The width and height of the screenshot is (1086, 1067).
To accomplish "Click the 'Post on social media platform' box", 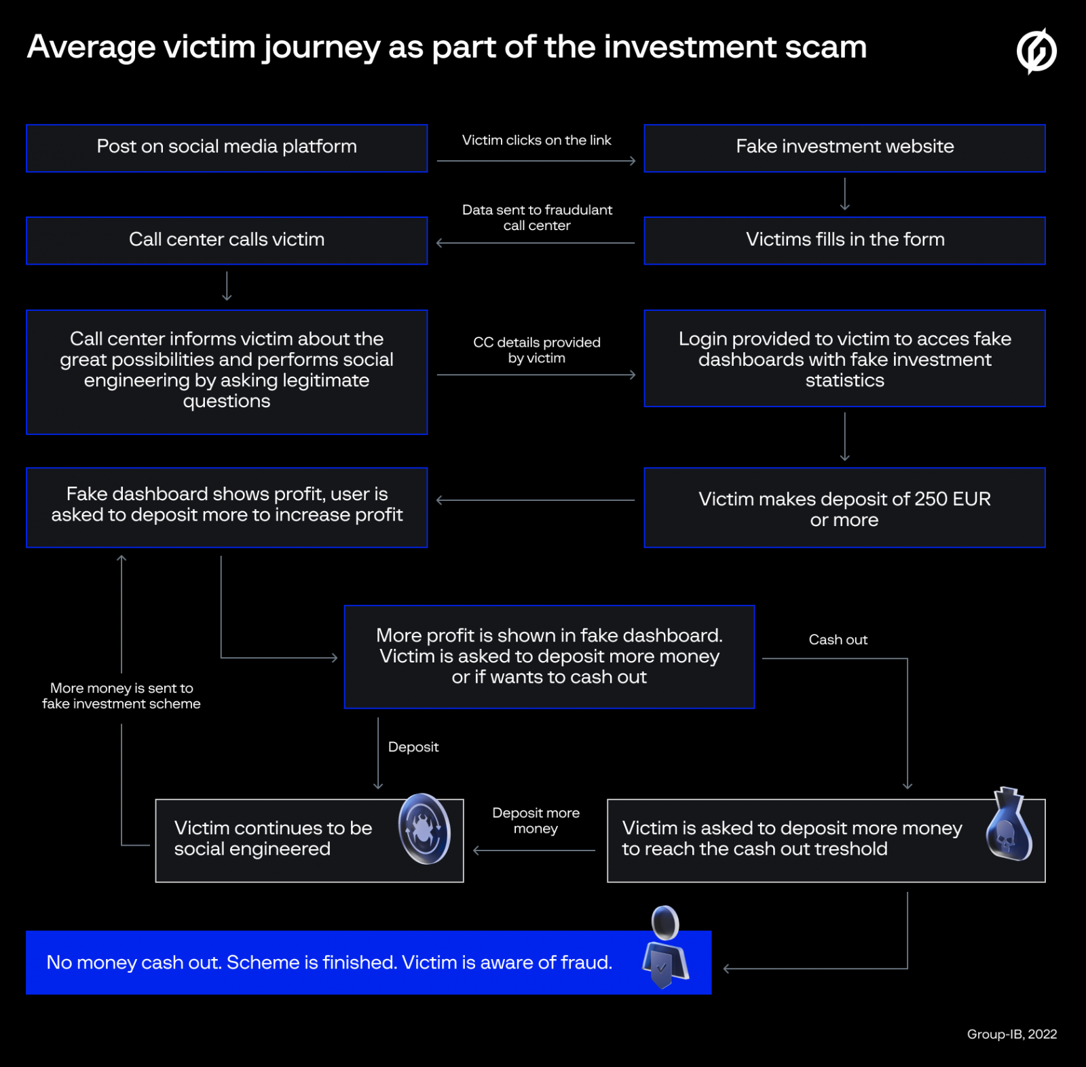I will [x=227, y=147].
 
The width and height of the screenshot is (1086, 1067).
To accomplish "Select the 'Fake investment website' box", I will [x=844, y=147].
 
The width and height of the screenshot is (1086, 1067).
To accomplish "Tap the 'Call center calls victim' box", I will [x=227, y=240].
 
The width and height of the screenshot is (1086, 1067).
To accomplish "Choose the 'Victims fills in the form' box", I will [x=844, y=240].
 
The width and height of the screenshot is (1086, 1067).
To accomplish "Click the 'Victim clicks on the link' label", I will [x=536, y=141].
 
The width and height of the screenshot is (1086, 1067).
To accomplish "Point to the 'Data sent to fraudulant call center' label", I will [x=536, y=217].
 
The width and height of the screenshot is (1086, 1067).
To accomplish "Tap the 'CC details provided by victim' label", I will [x=536, y=350].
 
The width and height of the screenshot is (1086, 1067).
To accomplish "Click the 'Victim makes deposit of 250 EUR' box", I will [x=844, y=508].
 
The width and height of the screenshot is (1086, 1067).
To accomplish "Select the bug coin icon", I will [x=425, y=829].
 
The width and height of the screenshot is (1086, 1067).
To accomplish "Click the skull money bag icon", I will [x=1009, y=826].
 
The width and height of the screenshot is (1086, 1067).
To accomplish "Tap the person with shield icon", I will [x=666, y=948].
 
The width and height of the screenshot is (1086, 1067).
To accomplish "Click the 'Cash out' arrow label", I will [x=838, y=639].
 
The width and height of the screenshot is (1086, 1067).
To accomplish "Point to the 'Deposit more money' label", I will [x=536, y=820].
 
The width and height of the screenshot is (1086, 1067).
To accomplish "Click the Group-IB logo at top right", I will [x=1036, y=51].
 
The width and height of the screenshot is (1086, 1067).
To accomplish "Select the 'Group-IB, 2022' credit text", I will [x=1011, y=1034].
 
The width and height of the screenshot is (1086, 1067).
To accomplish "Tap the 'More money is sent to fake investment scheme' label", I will [x=121, y=696].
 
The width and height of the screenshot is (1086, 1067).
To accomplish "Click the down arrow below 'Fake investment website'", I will [x=844, y=194].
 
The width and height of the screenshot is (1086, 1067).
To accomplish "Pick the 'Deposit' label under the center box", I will [x=413, y=747].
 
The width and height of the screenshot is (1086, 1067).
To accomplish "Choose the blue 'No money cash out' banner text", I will [x=329, y=962].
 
